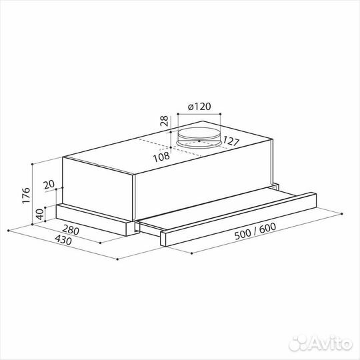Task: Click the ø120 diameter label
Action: (x=199, y=107)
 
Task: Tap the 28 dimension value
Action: (x=164, y=121)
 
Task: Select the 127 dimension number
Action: (x=231, y=141)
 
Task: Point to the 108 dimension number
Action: (x=161, y=157)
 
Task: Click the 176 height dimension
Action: (x=26, y=195)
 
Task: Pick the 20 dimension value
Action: (x=49, y=184)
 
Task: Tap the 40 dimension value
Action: (x=40, y=214)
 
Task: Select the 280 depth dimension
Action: (x=71, y=230)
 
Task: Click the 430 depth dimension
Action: (x=63, y=240)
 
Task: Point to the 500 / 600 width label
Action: (x=255, y=231)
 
